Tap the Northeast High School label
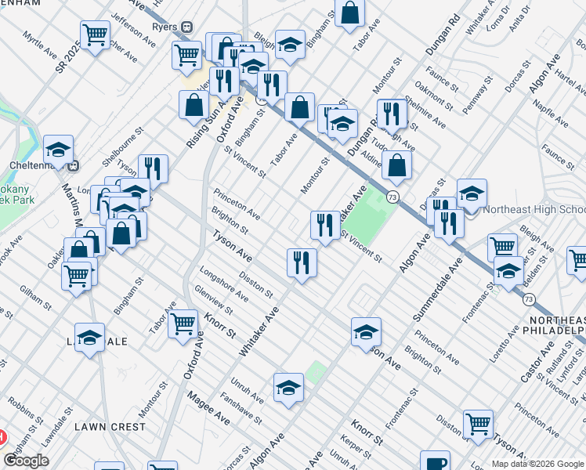[534, 210]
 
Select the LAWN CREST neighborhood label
[110, 427]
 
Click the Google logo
[26, 461]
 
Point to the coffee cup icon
[435, 461]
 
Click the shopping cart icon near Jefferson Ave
[94, 34]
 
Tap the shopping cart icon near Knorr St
[183, 322]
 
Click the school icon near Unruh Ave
[288, 387]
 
